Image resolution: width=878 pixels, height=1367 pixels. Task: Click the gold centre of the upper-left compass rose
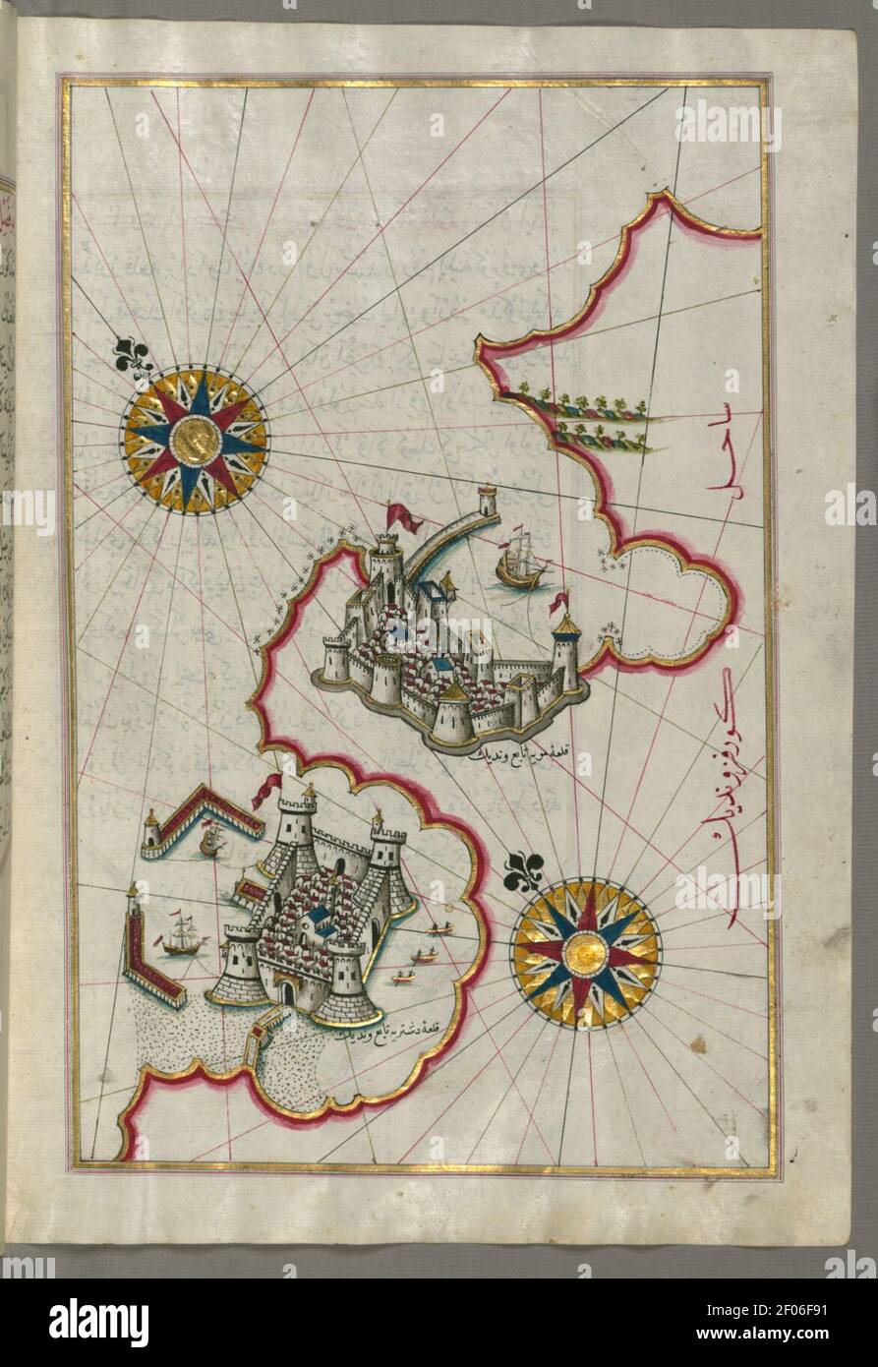coord(195,441)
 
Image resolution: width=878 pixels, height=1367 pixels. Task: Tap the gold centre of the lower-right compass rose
coord(586,954)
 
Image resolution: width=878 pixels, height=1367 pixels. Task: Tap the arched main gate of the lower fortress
coord(286,992)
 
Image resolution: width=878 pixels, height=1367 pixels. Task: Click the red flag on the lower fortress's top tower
coord(267,790)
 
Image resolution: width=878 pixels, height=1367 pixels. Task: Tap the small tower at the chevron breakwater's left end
coord(151,831)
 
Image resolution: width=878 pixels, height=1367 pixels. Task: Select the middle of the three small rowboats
coord(425,955)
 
